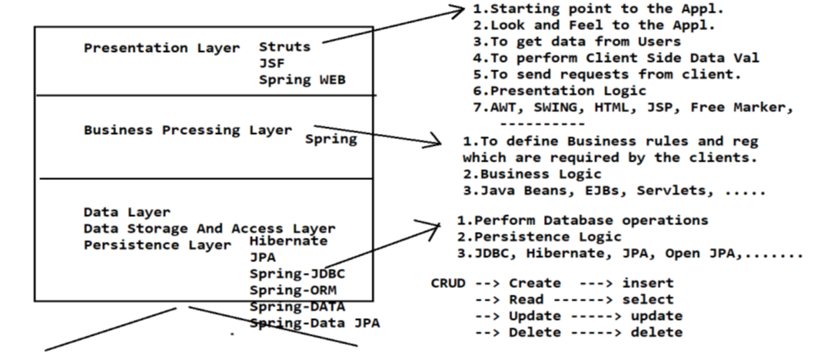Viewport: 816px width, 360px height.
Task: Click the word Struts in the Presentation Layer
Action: click(285, 47)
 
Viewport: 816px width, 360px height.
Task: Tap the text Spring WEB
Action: click(302, 80)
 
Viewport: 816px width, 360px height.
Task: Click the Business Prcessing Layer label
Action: click(188, 130)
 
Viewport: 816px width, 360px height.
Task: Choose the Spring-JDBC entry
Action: click(297, 274)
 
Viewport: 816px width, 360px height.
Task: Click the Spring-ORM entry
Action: click(292, 290)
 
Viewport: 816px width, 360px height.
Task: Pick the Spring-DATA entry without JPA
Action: click(297, 306)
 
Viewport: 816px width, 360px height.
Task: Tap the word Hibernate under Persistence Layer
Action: click(289, 241)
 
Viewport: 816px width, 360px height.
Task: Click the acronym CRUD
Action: click(448, 283)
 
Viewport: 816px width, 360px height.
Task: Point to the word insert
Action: click(647, 283)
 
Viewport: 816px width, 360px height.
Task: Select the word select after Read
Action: click(647, 299)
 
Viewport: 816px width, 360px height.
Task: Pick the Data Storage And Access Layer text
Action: click(209, 229)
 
